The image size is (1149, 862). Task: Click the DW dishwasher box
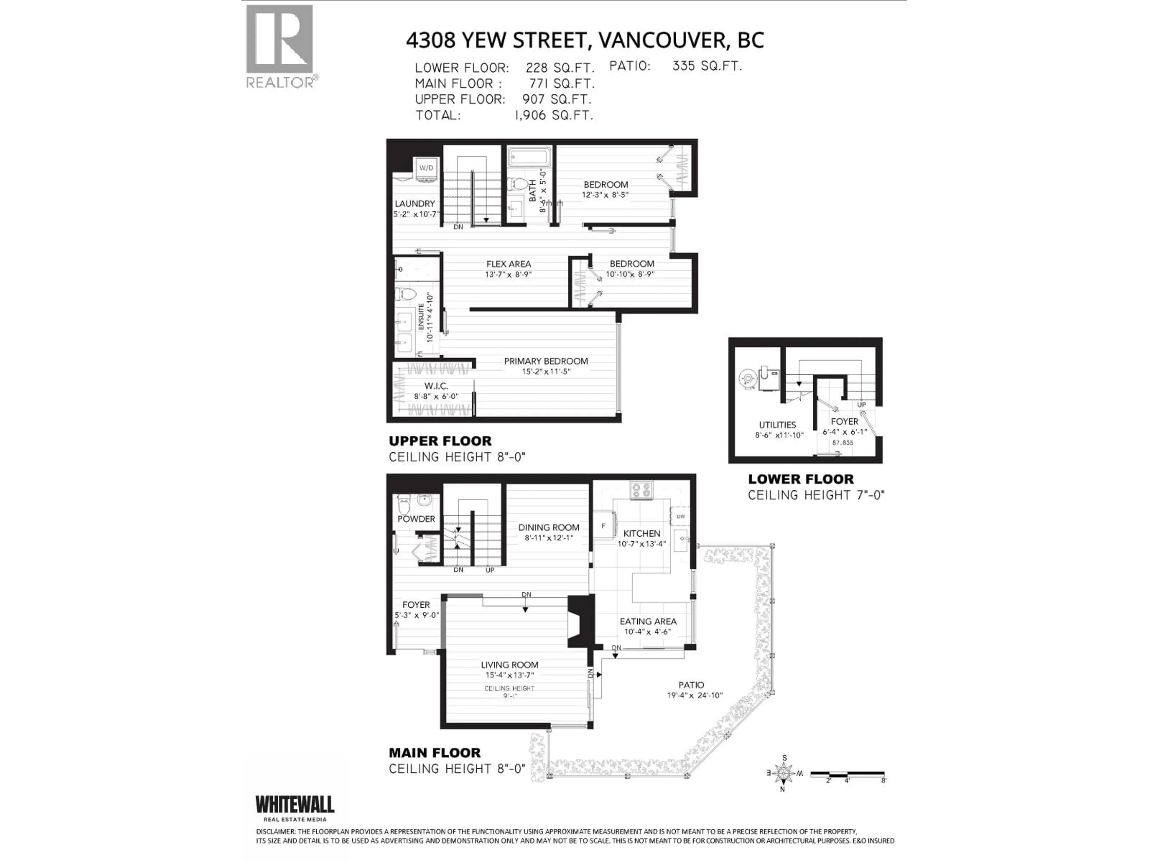pos(680,517)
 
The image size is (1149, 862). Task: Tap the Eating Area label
pos(648,621)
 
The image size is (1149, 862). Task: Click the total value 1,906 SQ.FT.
pos(554,115)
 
